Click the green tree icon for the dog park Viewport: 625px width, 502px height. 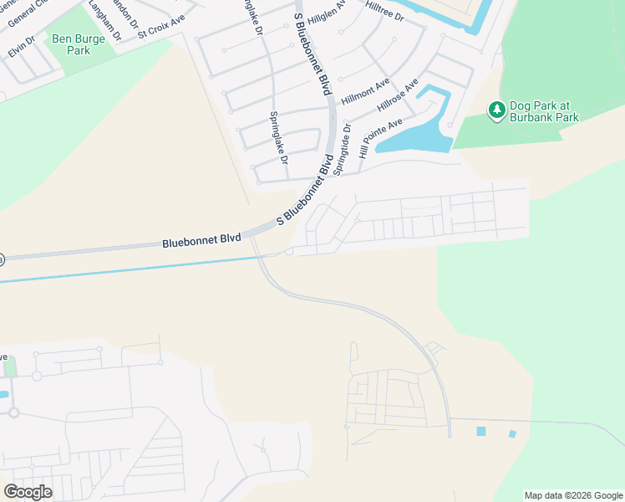497,110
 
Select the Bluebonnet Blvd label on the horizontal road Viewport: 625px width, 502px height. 201,241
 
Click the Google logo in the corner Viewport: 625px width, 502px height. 28,491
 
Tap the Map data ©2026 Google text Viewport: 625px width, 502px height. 572,495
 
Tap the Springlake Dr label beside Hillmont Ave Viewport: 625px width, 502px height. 277,138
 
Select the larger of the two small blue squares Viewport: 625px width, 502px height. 481,431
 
